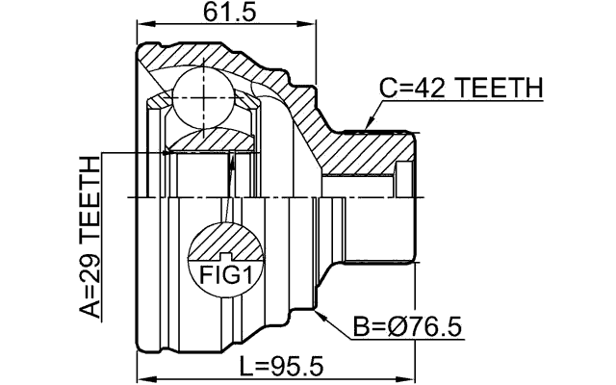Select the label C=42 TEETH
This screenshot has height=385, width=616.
click(x=461, y=89)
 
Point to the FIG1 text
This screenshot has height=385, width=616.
click(x=224, y=275)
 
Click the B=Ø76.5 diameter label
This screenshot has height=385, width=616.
click(x=407, y=328)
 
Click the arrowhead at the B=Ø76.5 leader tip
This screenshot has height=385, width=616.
click(x=317, y=310)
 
